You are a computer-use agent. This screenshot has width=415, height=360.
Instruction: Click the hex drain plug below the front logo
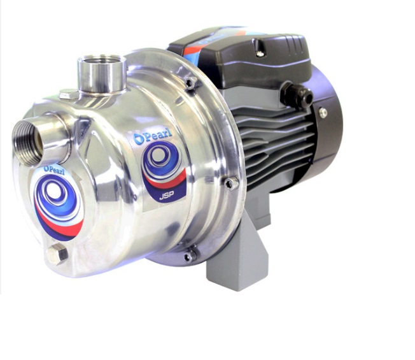click(56, 255)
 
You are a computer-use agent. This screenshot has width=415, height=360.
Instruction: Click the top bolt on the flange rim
click(190, 82)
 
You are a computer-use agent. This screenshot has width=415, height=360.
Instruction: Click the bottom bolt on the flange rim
click(189, 256)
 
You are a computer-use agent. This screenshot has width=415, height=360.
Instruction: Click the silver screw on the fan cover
click(323, 113)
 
